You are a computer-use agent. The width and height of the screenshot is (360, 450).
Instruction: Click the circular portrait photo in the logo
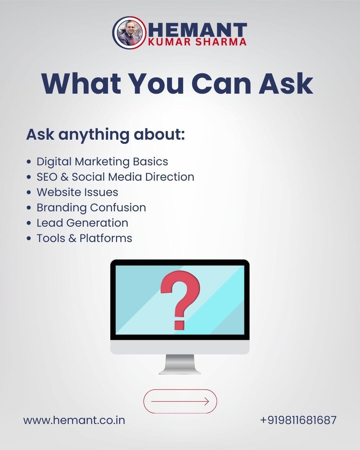[x=130, y=33]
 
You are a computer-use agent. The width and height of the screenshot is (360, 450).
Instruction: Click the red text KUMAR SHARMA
[x=197, y=42]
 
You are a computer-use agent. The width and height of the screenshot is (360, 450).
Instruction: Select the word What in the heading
[x=82, y=83]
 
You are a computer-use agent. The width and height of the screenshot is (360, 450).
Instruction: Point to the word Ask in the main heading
[x=286, y=83]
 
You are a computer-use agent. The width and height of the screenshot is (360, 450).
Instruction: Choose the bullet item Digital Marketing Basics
[x=102, y=162]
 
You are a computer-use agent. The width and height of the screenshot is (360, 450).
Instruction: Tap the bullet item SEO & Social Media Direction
[x=115, y=177]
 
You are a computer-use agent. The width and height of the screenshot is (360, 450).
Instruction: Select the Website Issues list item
[x=77, y=192]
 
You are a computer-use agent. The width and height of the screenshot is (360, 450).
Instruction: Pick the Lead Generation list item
[x=82, y=223]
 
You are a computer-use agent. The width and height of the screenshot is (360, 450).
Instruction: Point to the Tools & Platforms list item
[x=85, y=238]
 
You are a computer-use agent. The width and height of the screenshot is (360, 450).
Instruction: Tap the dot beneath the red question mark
[x=179, y=324]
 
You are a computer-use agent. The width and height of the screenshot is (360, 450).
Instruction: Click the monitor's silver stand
[x=180, y=364]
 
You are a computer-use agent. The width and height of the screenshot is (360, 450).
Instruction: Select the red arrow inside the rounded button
[x=180, y=401]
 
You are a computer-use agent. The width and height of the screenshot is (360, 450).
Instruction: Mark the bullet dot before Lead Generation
[x=29, y=223]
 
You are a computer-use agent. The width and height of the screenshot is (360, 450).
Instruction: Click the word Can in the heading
[x=221, y=83]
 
